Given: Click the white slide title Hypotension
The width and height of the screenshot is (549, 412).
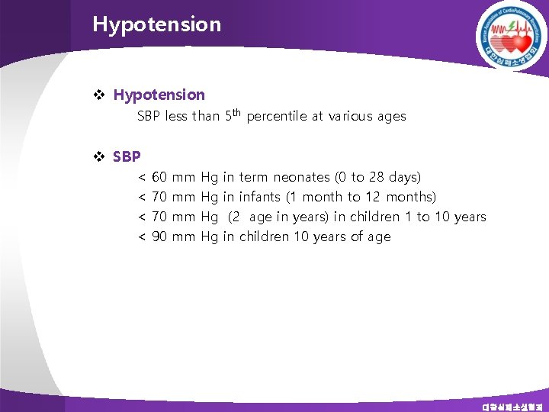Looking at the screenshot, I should (156, 24).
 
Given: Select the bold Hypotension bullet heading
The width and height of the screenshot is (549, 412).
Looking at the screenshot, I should (159, 95).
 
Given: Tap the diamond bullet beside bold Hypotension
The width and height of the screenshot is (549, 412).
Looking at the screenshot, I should (98, 95).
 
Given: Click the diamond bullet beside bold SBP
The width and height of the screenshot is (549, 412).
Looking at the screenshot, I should (98, 156).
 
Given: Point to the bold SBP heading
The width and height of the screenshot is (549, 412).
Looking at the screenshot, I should (127, 156).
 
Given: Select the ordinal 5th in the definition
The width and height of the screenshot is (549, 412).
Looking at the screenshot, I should (233, 116).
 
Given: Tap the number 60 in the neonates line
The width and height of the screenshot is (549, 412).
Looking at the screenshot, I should (160, 177).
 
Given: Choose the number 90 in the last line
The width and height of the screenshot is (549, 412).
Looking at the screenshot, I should (160, 237).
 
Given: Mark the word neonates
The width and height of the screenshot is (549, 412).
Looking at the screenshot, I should (301, 177).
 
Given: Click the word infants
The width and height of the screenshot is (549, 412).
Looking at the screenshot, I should (259, 197).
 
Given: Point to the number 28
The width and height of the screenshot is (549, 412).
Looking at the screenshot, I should (377, 177).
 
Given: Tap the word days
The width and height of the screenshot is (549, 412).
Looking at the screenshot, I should (404, 177).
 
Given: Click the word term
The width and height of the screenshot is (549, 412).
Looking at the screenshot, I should (254, 177).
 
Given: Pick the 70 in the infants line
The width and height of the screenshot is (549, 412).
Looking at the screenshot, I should (160, 197).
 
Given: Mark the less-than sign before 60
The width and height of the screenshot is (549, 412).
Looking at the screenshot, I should (142, 177).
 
